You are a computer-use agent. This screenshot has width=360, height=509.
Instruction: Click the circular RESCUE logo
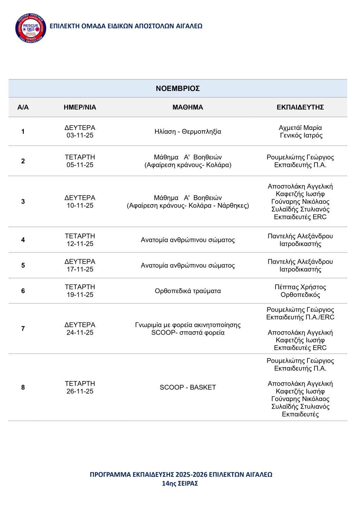31,29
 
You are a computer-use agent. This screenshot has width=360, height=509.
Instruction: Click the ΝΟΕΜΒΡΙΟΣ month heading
177,89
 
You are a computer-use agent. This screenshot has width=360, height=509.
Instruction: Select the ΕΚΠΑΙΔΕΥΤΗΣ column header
300,107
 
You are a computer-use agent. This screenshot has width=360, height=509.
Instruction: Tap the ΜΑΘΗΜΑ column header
188,107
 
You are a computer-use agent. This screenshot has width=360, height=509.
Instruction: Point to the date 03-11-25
80,135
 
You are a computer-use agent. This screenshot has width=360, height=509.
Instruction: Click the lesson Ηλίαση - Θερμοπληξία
188,132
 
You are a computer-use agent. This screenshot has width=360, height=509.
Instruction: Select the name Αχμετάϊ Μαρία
300,128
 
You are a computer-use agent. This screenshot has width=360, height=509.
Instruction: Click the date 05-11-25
80,165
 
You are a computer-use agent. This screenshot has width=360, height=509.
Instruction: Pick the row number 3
23,202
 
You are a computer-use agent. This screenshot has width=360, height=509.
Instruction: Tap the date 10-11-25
80,206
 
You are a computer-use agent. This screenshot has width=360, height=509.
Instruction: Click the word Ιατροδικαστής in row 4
300,244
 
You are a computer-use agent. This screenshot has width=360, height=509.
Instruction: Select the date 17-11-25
80,269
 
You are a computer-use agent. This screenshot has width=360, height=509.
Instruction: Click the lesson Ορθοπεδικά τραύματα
188,291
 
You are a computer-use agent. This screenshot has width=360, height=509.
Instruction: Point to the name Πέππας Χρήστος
300,287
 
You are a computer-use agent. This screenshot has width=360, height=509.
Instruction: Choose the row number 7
23,328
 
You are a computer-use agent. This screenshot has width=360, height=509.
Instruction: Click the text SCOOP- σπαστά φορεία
188,333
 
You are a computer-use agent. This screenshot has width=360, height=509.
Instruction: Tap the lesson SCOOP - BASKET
188,388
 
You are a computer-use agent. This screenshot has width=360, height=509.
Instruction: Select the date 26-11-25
80,391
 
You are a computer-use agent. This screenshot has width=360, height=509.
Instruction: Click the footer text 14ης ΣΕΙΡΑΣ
180,484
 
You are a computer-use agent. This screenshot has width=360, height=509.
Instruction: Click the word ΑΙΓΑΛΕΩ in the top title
189,26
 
